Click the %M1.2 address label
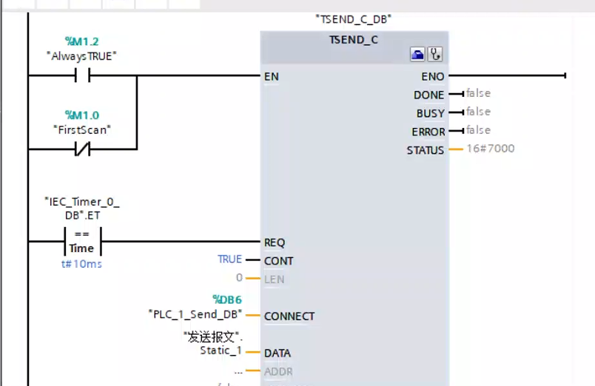[81, 41]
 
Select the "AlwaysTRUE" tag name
[81, 55]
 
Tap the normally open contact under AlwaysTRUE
[81, 75]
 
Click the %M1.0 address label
[81, 115]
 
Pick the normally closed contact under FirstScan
[81, 149]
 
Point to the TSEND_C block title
[354, 39]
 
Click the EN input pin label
[272, 76]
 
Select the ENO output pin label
[433, 76]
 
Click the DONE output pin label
[429, 95]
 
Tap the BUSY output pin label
[431, 113]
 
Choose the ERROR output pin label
[428, 132]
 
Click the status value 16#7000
[491, 149]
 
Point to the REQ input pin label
[275, 243]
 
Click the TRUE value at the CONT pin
[229, 260]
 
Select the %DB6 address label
[227, 299]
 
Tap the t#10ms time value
[81, 264]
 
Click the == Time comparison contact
[81, 241]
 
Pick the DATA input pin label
[278, 353]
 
